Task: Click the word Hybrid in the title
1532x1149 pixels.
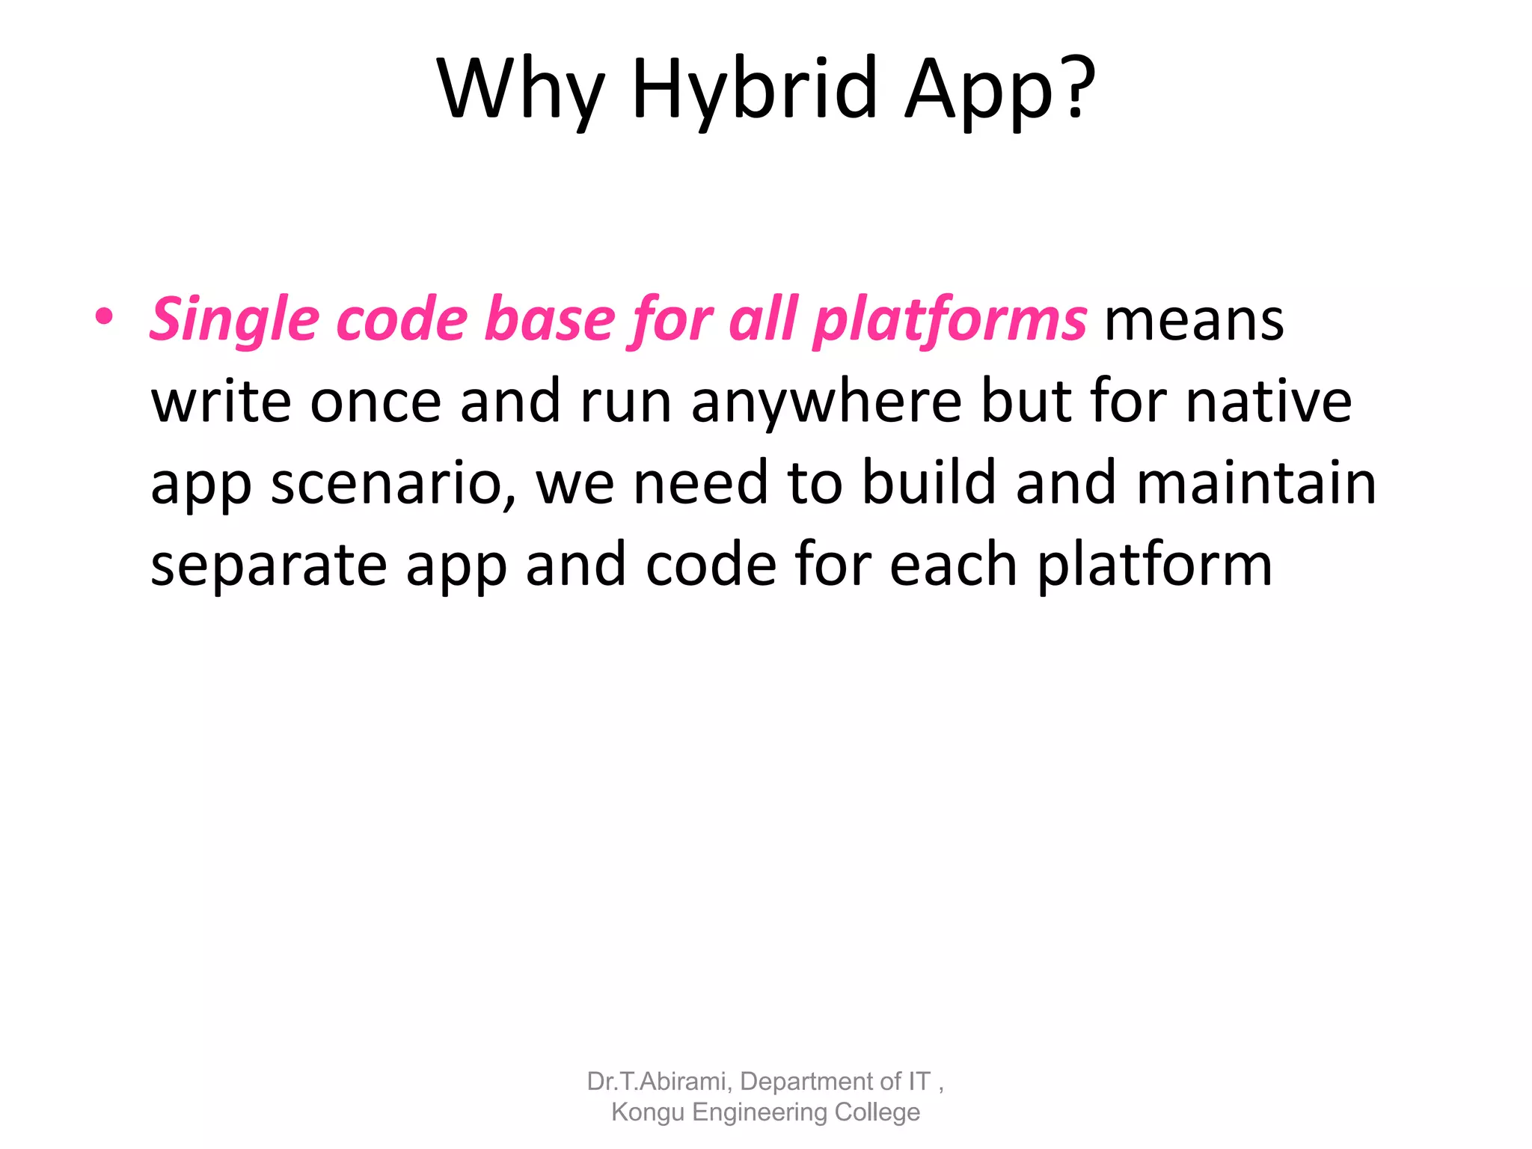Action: [x=754, y=90]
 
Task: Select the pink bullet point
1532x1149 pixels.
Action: [x=104, y=317]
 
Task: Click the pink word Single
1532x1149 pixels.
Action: [x=234, y=320]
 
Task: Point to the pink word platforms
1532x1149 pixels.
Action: [x=950, y=320]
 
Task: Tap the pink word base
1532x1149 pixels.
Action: [x=549, y=320]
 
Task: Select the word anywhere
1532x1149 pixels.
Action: [x=827, y=402]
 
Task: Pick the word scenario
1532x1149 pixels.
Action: [x=393, y=484]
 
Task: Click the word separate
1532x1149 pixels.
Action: [x=269, y=566]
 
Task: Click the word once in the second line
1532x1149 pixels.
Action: [x=376, y=402]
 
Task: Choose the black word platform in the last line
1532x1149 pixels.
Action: [x=1154, y=566]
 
